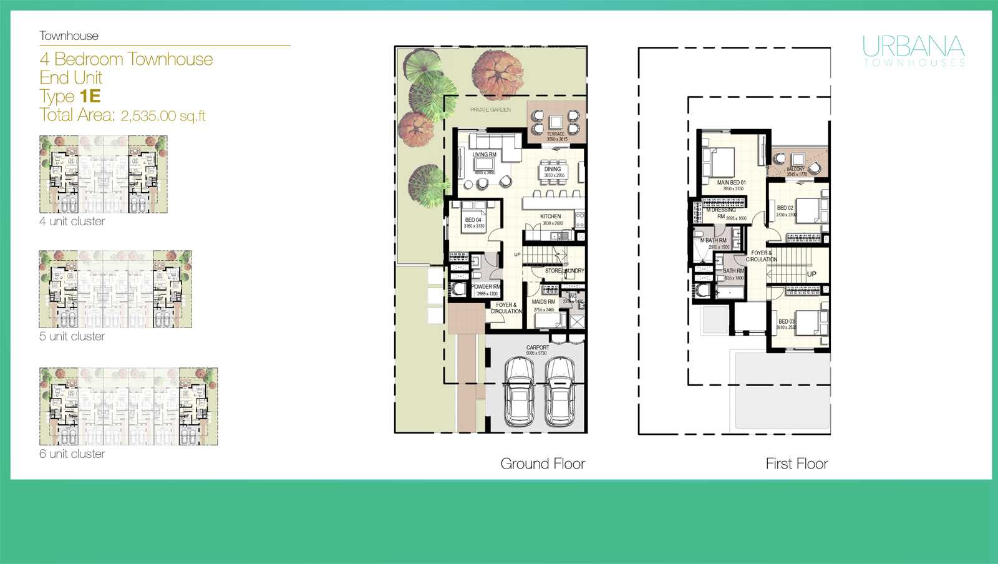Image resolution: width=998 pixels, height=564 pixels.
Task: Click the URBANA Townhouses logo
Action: click(914, 50)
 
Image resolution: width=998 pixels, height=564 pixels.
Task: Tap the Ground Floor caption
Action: click(543, 464)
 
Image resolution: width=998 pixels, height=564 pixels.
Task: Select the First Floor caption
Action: click(797, 464)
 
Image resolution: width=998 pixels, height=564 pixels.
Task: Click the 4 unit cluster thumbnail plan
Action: click(103, 174)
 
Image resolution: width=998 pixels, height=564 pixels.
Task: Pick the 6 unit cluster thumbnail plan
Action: click(128, 406)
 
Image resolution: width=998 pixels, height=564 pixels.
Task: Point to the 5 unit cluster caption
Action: click(72, 336)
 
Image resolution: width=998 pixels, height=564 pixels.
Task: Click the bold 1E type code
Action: click(90, 96)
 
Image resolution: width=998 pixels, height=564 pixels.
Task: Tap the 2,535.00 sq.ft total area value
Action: click(163, 115)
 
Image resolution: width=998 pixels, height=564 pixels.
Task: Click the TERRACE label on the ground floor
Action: click(556, 134)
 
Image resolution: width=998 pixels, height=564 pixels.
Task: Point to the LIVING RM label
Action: click(484, 155)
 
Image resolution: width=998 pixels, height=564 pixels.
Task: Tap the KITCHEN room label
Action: click(551, 216)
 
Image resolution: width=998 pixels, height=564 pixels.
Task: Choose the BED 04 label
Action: click(473, 220)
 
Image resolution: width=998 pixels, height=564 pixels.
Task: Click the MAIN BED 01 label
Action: click(731, 183)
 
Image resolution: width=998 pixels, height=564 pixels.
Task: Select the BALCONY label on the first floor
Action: click(796, 169)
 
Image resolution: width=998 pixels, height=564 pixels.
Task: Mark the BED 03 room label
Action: click(787, 321)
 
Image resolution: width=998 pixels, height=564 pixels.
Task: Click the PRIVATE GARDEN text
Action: click(491, 110)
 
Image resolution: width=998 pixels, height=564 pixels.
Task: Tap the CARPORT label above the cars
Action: click(538, 348)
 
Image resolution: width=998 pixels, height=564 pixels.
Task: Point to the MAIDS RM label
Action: click(543, 302)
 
